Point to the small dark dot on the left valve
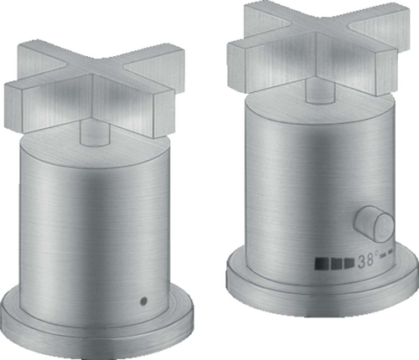[143, 300]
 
